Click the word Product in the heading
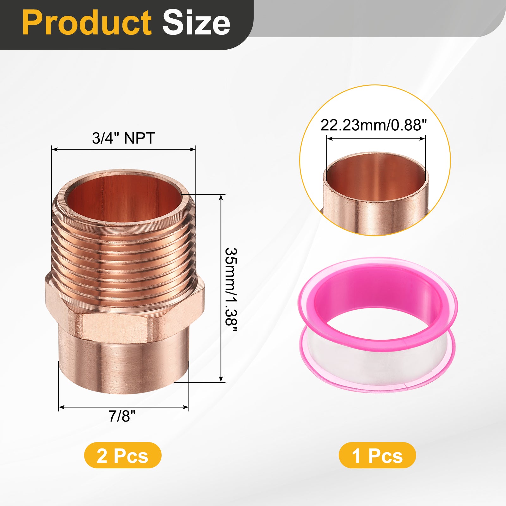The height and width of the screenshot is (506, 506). [87, 23]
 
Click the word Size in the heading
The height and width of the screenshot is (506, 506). [196, 23]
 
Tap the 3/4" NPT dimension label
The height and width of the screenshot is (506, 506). [123, 138]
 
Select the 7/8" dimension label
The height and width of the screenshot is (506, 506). [122, 416]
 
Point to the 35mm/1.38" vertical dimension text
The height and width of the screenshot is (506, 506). [231, 289]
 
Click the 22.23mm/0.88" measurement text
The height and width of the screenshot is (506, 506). [373, 125]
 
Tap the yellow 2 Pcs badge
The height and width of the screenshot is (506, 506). [123, 455]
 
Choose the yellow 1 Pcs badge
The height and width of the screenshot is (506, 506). [377, 455]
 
